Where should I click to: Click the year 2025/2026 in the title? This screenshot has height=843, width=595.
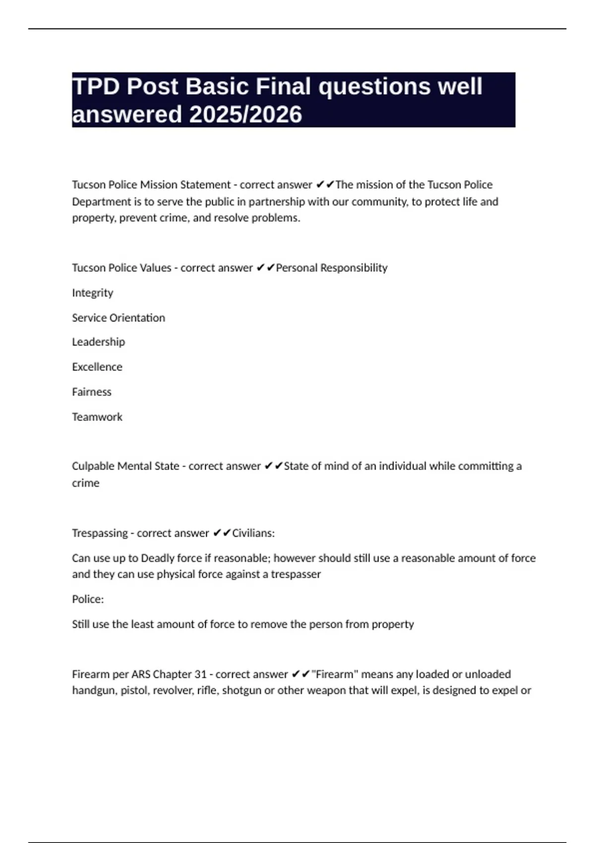pyautogui.click(x=245, y=115)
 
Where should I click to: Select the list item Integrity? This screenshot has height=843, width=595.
pyautogui.click(x=93, y=293)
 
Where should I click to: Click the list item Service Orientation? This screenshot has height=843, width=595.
pyautogui.click(x=119, y=317)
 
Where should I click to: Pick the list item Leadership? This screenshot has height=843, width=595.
pyautogui.click(x=98, y=342)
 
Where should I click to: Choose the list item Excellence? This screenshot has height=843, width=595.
pyautogui.click(x=97, y=367)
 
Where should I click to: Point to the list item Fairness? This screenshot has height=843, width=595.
pyautogui.click(x=92, y=392)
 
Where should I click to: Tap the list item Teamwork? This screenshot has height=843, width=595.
pyautogui.click(x=97, y=417)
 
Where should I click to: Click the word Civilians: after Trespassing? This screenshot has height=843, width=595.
pyautogui.click(x=253, y=533)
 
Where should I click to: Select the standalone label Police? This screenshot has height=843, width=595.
pyautogui.click(x=88, y=599)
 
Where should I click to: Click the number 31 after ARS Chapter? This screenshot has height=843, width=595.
pyautogui.click(x=200, y=674)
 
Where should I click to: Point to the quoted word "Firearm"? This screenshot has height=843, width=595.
pyautogui.click(x=335, y=674)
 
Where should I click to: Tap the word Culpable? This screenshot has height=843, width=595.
pyautogui.click(x=91, y=466)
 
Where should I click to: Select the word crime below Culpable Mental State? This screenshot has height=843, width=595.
pyautogui.click(x=86, y=483)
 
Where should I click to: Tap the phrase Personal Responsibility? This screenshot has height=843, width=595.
pyautogui.click(x=332, y=268)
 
